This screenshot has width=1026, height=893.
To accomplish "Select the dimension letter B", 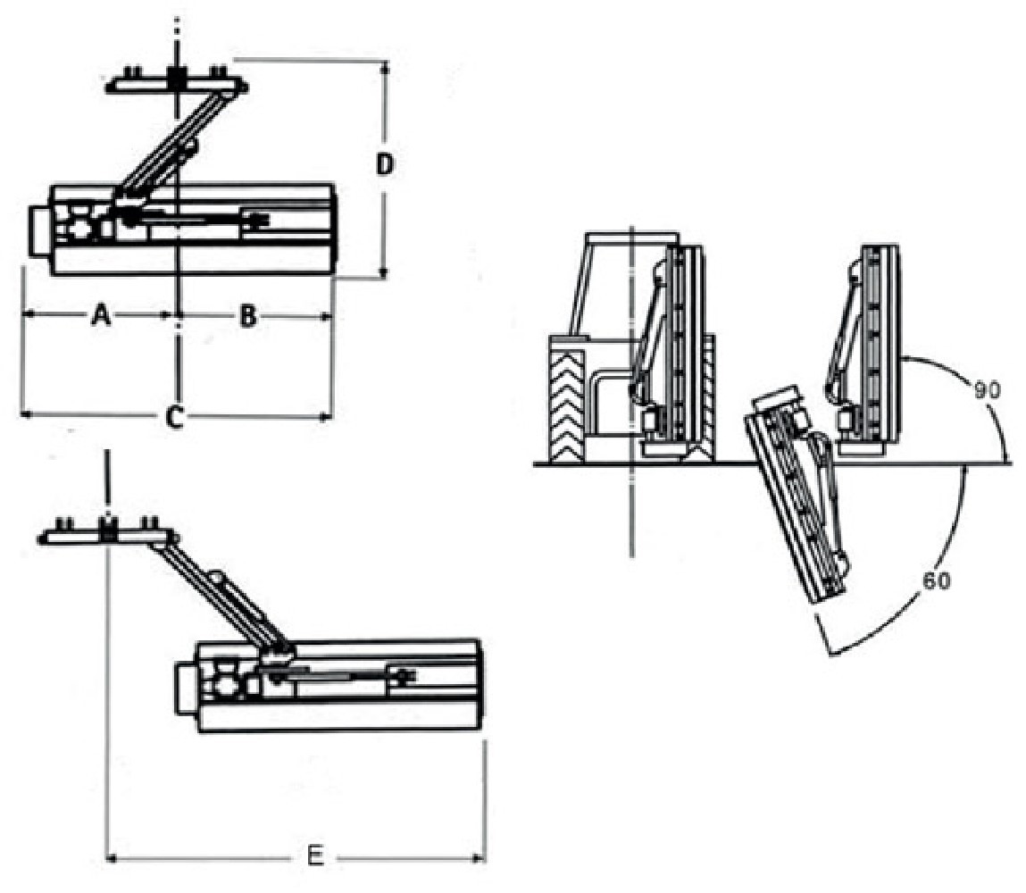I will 248,315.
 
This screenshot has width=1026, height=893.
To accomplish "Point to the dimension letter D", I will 384,165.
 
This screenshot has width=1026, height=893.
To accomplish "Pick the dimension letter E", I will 314,857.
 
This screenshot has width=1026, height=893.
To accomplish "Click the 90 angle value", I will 986,390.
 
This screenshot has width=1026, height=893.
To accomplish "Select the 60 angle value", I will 937,580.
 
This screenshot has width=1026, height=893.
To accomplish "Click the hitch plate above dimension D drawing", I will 177,85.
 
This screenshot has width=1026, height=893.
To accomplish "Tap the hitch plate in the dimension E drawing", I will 107,535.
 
